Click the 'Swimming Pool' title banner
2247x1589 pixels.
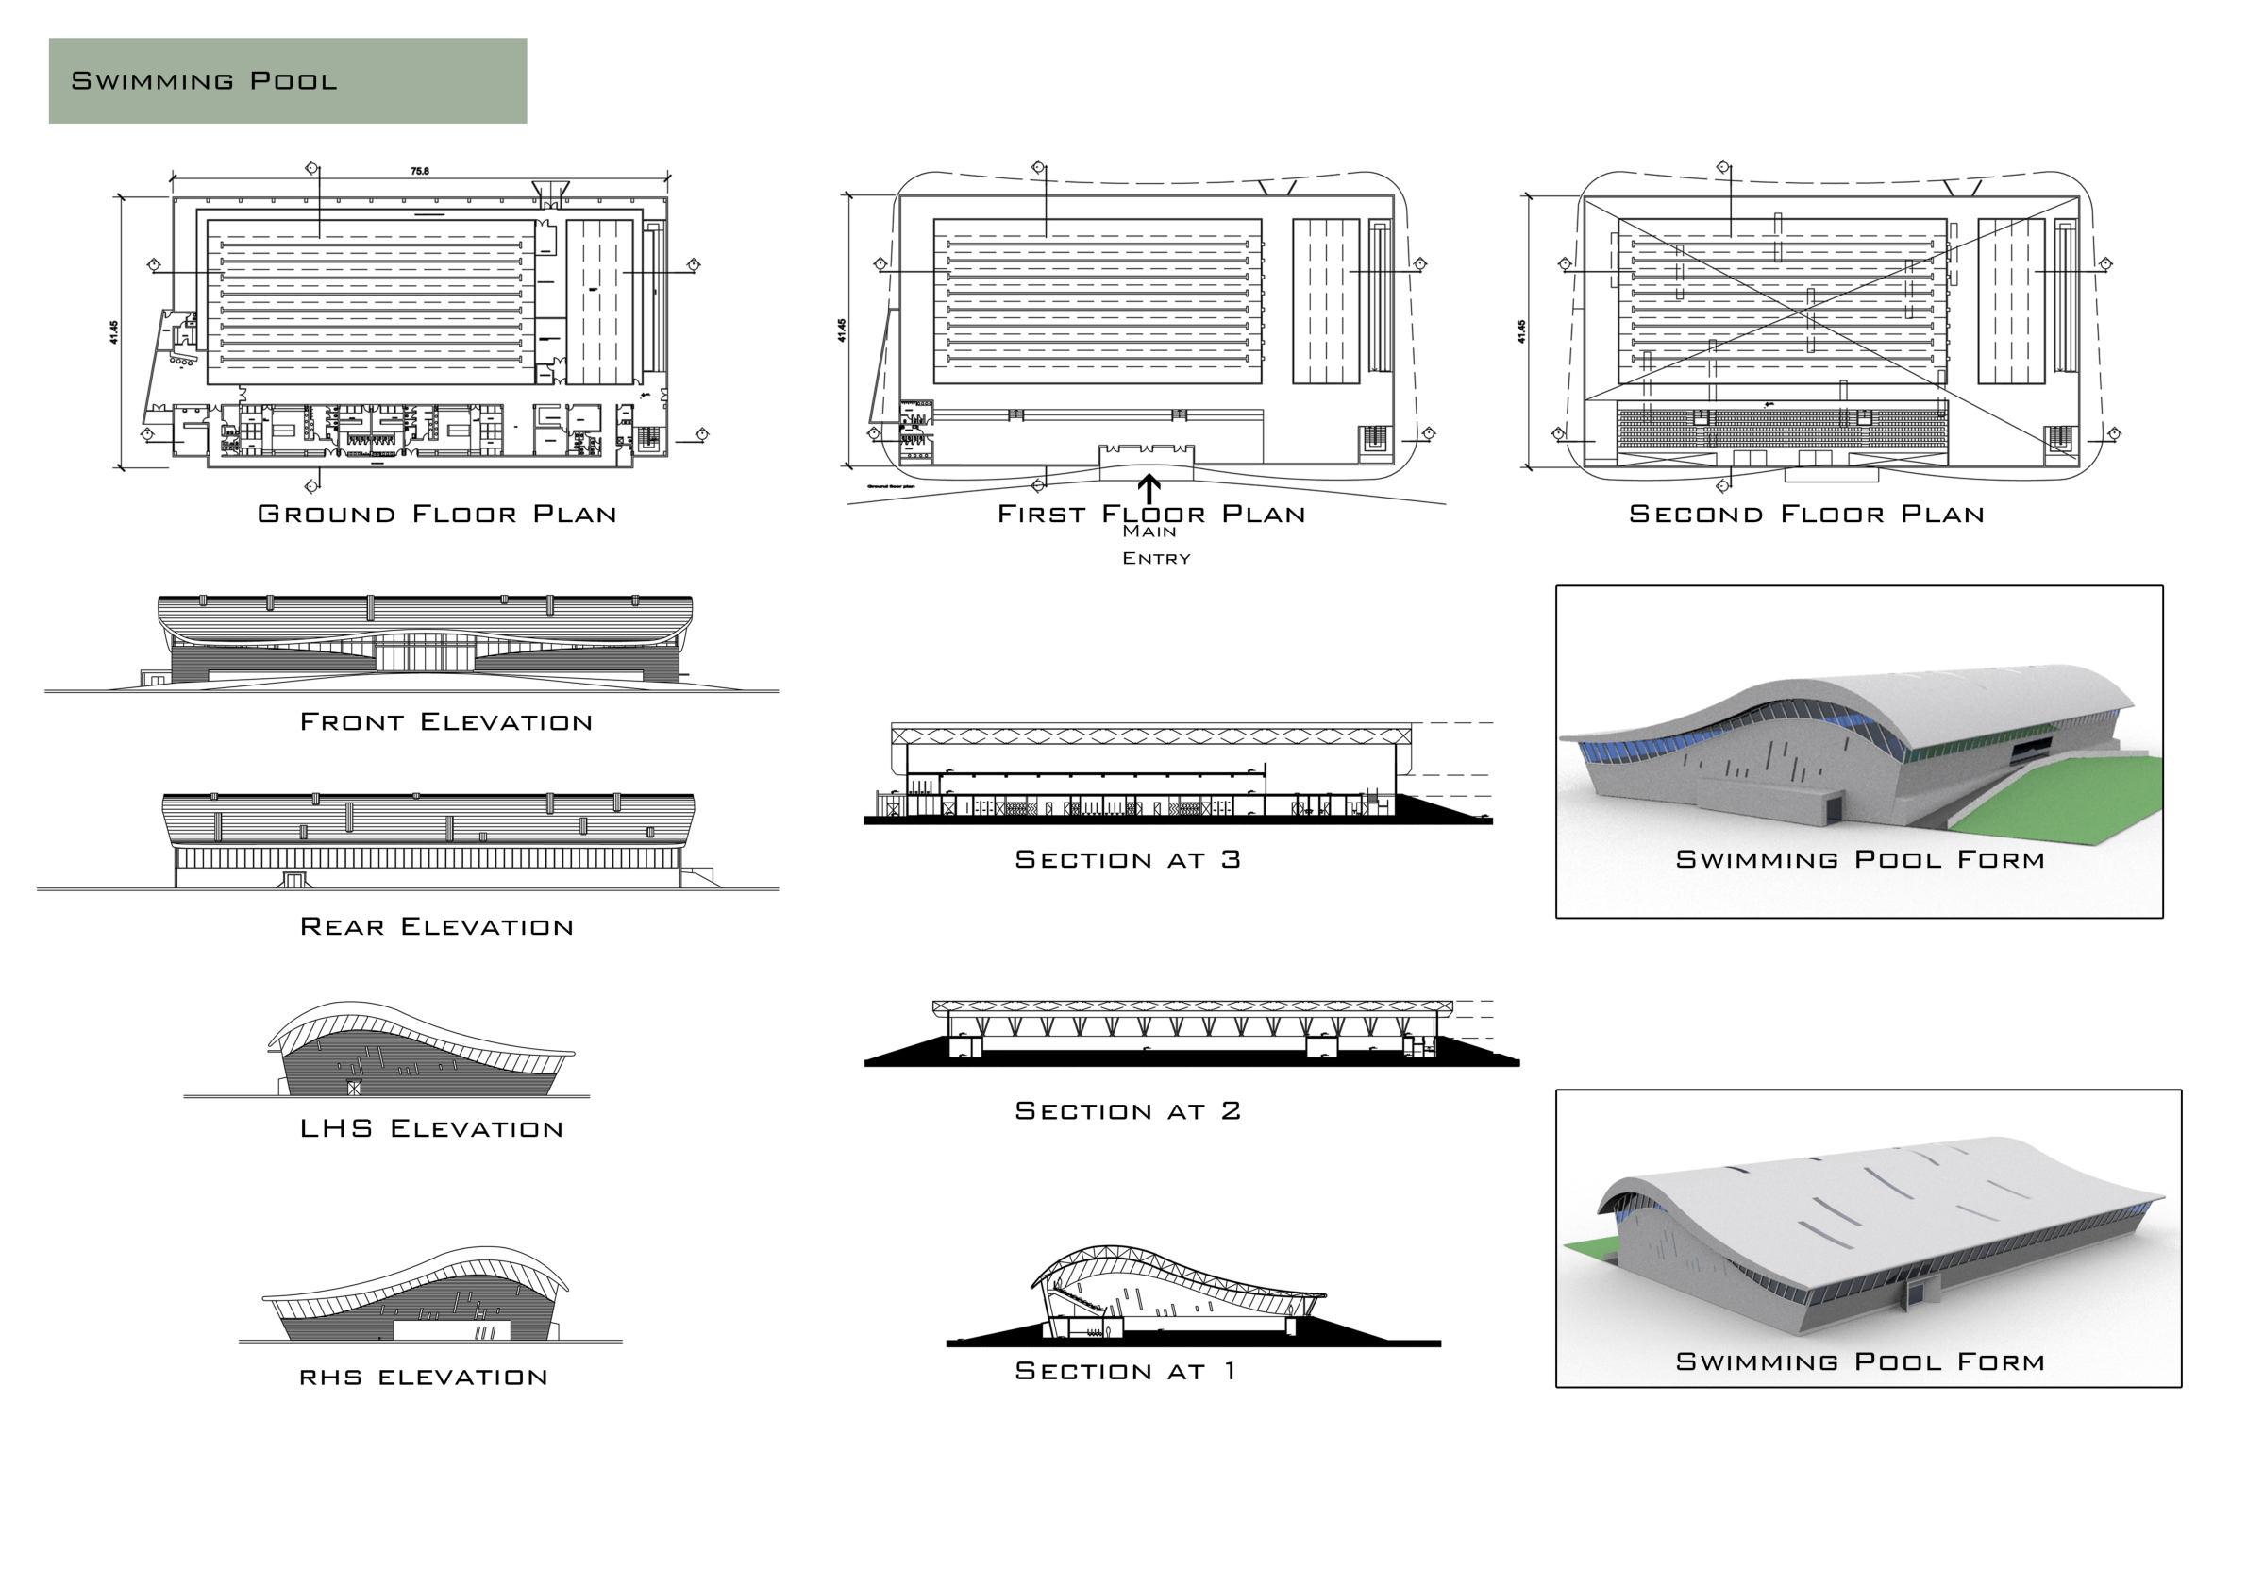pos(287,80)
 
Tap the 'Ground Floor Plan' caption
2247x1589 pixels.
pos(437,514)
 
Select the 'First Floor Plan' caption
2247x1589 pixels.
pos(1151,514)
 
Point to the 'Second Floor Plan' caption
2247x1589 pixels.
pos(1805,514)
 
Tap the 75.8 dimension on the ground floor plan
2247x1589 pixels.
pos(419,171)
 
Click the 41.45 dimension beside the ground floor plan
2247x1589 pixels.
pos(114,332)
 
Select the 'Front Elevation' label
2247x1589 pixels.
pos(445,722)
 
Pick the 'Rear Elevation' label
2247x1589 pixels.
pos(437,927)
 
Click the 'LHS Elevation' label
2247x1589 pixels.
pos(431,1129)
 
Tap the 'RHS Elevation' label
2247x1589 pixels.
pos(423,1378)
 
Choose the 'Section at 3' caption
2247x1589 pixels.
pos(1128,859)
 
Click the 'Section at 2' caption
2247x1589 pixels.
pos(1128,1110)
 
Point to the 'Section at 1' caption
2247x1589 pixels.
pos(1126,1371)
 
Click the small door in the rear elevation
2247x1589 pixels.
pos(293,879)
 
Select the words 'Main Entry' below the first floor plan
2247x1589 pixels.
pos(1156,545)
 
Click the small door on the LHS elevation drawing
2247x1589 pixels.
pos(353,1087)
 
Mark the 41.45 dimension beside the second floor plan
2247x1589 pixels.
pos(1521,332)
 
